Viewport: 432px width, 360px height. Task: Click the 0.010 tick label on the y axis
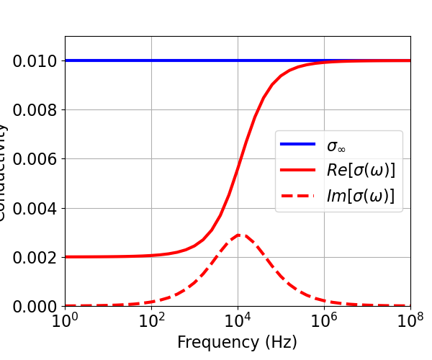pos(33,61)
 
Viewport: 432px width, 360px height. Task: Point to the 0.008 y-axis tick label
pos(33,110)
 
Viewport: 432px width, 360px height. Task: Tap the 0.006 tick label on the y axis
pos(33,159)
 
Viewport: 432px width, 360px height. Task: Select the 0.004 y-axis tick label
pos(33,209)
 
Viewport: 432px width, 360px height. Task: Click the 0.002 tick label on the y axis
pos(33,258)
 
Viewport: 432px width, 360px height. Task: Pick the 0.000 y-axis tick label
pos(33,307)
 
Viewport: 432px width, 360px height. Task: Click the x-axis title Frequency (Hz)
pos(237,343)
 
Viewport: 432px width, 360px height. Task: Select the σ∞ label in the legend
pos(336,145)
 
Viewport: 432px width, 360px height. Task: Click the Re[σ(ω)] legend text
pos(361,171)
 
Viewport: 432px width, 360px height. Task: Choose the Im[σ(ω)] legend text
pos(360,196)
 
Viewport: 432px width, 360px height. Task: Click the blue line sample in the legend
pos(298,145)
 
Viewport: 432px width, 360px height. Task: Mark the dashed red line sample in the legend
pos(298,196)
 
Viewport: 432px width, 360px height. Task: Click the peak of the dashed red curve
pos(240,235)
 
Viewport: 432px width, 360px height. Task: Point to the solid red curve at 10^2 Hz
pos(151,256)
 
